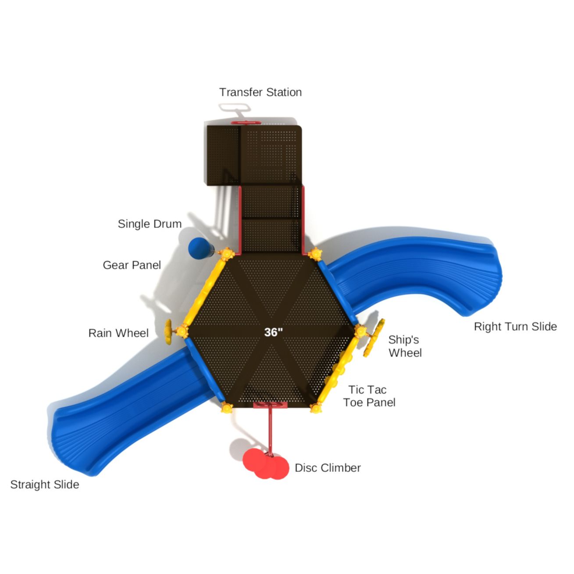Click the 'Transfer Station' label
pyautogui.click(x=260, y=92)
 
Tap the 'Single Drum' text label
pyautogui.click(x=150, y=224)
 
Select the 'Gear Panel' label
pyautogui.click(x=132, y=265)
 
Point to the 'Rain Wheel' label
pyautogui.click(x=118, y=333)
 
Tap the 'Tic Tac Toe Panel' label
pyautogui.click(x=369, y=396)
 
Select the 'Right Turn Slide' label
pyautogui.click(x=515, y=326)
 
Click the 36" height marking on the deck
pyautogui.click(x=273, y=332)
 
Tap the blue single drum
pyautogui.click(x=200, y=248)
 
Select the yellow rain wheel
pyautogui.click(x=168, y=332)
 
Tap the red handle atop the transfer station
pyautogui.click(x=246, y=122)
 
